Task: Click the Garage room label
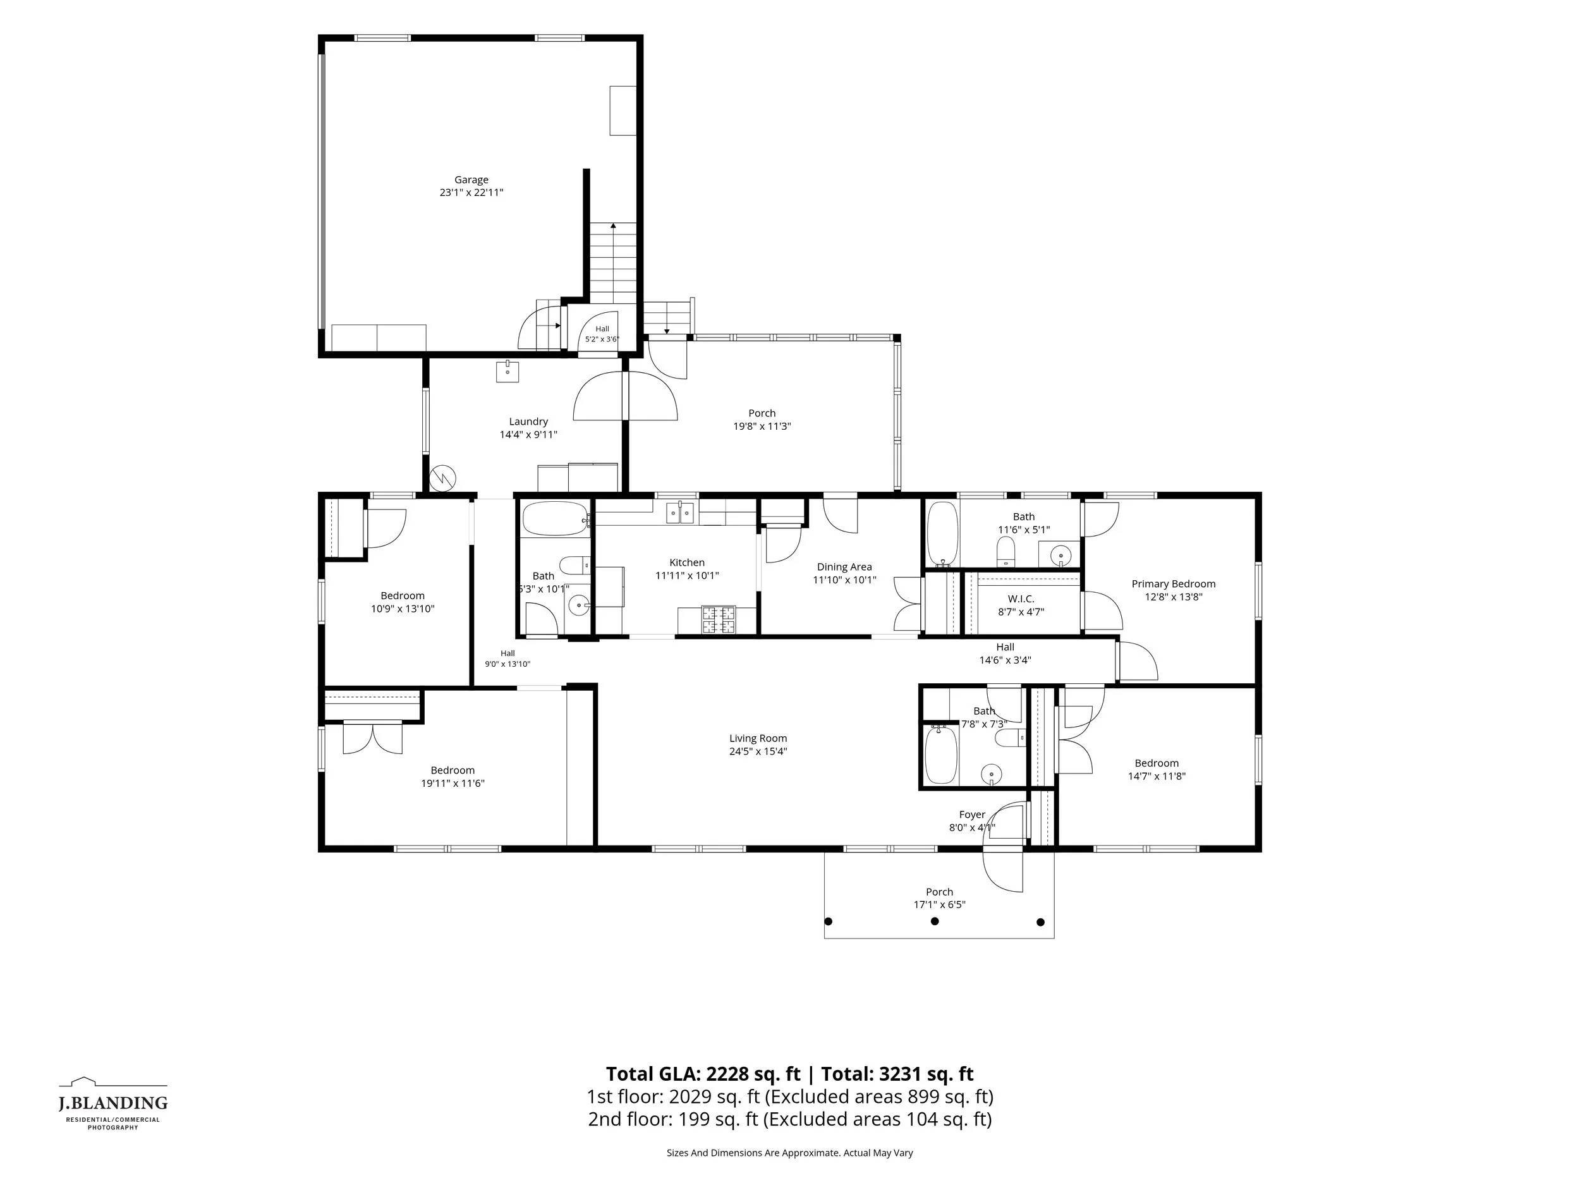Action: point(471,180)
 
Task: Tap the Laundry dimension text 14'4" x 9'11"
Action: point(528,434)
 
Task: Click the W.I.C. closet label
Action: point(1021,599)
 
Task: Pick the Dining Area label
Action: point(844,567)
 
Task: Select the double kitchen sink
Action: point(679,512)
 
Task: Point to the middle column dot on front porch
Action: point(934,921)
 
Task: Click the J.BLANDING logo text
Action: point(113,1103)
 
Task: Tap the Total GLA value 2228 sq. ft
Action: point(753,1074)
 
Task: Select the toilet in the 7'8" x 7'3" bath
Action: point(1010,738)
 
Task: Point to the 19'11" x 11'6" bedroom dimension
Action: point(453,783)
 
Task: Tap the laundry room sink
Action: point(507,372)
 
